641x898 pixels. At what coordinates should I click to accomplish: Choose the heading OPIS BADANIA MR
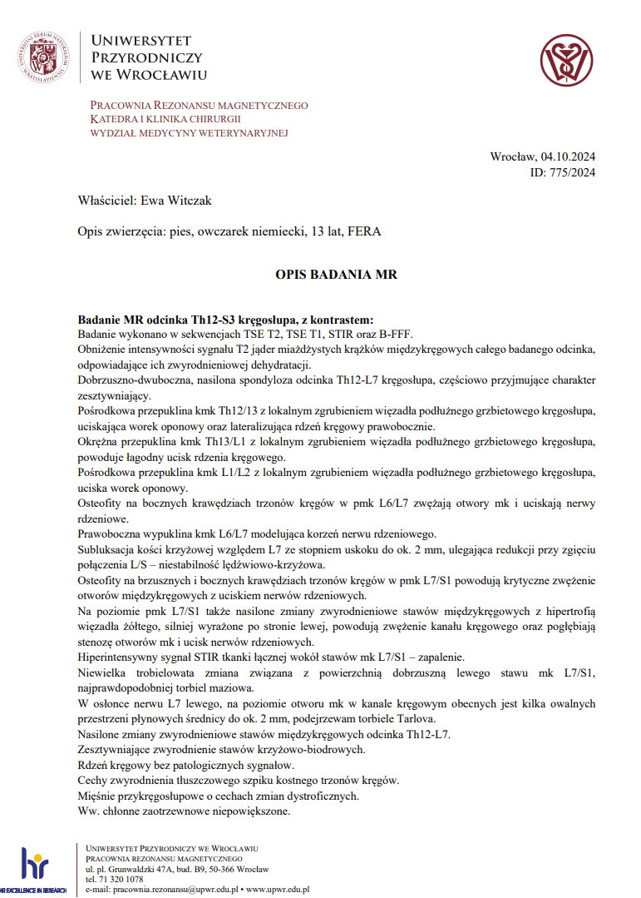tap(336, 273)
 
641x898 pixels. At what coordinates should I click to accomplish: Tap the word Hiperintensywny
tap(121, 656)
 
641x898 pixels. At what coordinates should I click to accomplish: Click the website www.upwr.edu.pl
tap(278, 889)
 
